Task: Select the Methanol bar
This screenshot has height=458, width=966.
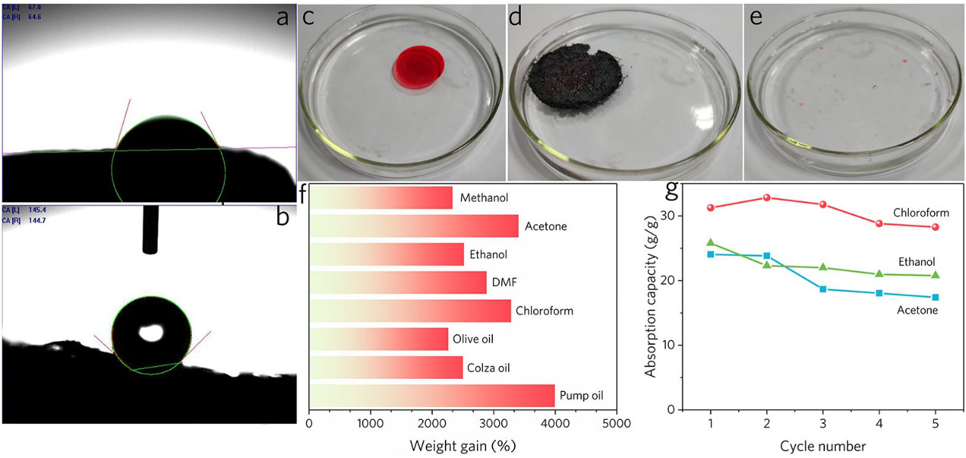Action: pos(381,198)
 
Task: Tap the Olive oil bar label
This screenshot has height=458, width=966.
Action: pos(475,339)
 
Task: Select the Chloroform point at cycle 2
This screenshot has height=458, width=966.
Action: pos(766,198)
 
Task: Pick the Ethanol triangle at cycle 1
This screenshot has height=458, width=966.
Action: pos(711,243)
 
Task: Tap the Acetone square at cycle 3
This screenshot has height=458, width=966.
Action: pos(823,289)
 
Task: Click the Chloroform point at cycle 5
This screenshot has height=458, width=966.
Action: pos(935,227)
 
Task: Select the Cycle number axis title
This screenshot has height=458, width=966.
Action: pos(822,444)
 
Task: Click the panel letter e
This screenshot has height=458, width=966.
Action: pos(756,17)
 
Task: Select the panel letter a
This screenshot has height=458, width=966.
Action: pos(283,17)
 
